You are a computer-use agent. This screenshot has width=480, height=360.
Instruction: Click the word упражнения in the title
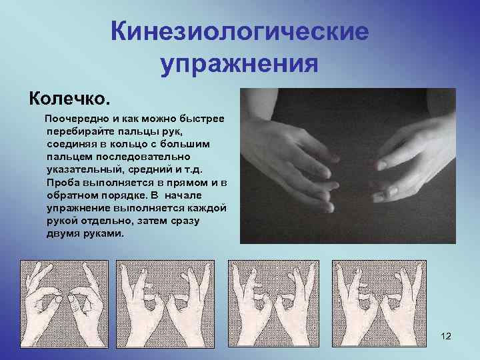(x=239, y=65)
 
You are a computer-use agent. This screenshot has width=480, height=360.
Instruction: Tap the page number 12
(x=446, y=336)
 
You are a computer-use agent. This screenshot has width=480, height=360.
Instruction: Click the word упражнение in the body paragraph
(x=79, y=209)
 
